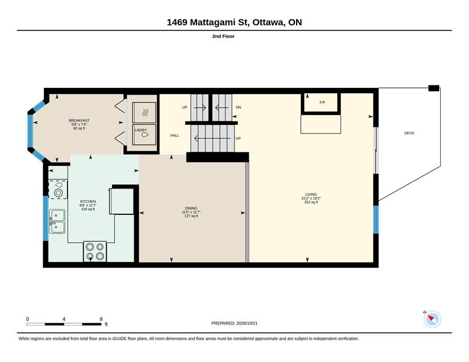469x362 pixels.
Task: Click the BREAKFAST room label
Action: (79, 121)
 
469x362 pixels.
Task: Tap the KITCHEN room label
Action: (88, 202)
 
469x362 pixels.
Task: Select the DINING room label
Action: (191, 208)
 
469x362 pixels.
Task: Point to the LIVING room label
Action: (311, 194)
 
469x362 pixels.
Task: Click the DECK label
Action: (409, 133)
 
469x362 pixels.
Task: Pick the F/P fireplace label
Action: (322, 103)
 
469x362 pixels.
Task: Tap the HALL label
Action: (175, 135)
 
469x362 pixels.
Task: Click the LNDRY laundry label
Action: (141, 130)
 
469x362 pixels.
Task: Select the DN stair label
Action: (239, 107)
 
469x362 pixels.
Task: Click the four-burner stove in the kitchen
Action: (95, 251)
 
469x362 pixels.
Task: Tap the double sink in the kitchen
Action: (57, 221)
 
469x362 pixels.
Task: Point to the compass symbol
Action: (432, 319)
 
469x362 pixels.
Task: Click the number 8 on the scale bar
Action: (101, 319)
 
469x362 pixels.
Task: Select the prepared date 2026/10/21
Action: (247, 323)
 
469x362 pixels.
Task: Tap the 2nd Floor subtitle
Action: (223, 36)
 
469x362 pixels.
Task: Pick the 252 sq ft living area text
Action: (311, 202)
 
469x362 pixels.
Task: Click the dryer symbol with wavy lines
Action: (144, 112)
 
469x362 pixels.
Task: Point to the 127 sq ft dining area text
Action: (191, 216)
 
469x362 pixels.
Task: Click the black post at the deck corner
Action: (434, 88)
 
